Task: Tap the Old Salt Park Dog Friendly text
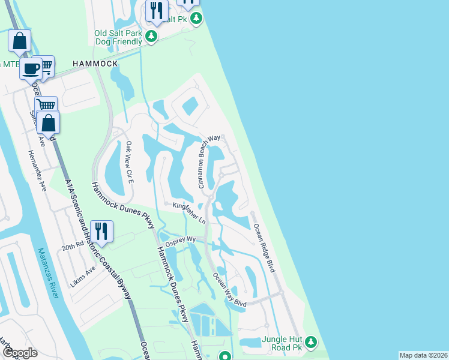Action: pos(118,37)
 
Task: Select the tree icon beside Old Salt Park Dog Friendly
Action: pos(152,37)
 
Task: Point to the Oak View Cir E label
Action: pos(129,161)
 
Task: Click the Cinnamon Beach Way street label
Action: pos(209,161)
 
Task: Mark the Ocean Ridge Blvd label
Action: pos(264,248)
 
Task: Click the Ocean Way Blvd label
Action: pos(230,290)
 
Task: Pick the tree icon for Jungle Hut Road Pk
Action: pos(310,343)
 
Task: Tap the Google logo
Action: pos(20,352)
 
